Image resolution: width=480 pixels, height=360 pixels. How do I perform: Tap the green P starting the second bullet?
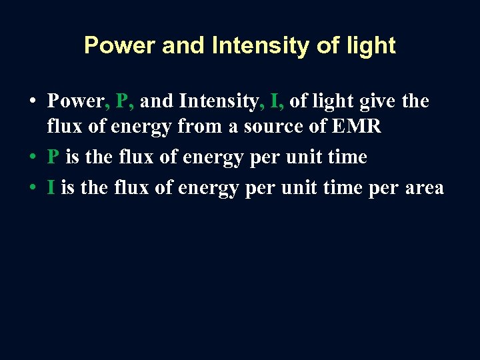53,157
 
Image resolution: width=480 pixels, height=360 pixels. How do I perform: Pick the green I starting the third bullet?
51,188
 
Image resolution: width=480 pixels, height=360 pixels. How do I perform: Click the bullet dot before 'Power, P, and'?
32,102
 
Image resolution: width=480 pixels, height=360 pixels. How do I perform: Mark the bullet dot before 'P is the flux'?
32,158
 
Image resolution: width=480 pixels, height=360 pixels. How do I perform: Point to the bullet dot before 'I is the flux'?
32,189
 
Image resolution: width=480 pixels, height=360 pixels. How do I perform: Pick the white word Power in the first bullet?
76,101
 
